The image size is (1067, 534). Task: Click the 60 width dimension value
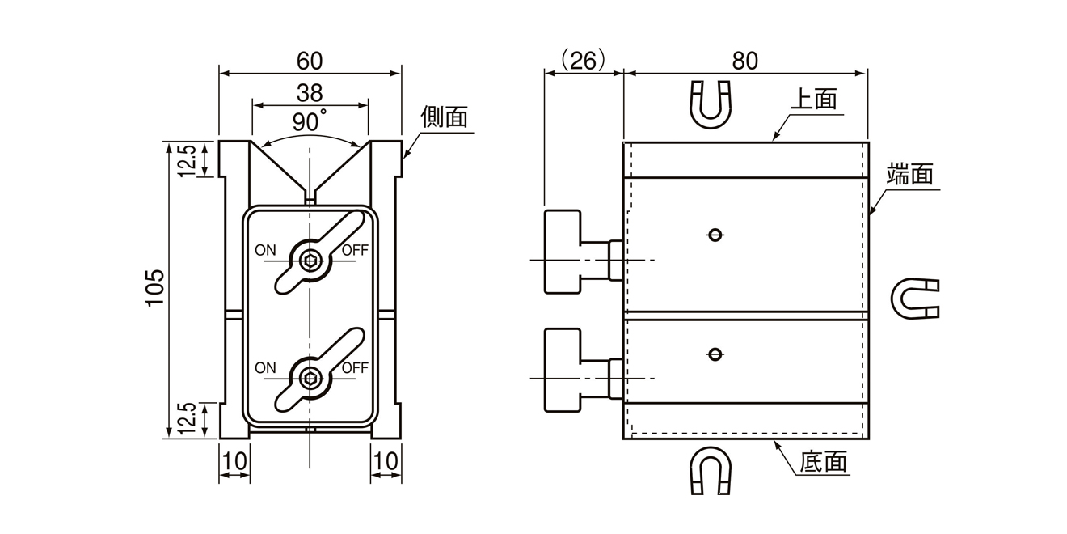[x=310, y=61]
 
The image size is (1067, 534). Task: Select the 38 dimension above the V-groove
[x=310, y=92]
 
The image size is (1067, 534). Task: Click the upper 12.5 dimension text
[x=187, y=159]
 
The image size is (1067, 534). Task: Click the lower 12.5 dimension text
[x=187, y=419]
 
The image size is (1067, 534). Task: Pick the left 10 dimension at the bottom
[x=234, y=461]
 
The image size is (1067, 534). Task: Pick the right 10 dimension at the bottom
[x=386, y=461]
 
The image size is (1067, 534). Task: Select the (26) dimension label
[x=583, y=61]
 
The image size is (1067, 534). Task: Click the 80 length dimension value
[x=745, y=61]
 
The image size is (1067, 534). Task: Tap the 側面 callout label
[x=444, y=118]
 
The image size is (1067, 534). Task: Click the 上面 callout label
[x=812, y=100]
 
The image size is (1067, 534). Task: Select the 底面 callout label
[x=824, y=463]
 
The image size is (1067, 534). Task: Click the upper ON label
[x=266, y=250]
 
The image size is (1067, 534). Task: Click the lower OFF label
[x=354, y=368]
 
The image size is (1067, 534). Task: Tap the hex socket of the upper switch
[x=310, y=261]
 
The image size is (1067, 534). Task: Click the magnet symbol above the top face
[x=711, y=103]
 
